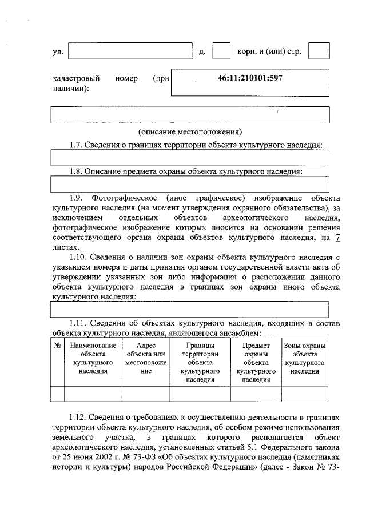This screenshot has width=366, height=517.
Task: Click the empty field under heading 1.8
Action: (x=190, y=184)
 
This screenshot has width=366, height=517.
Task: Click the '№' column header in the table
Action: (x=57, y=345)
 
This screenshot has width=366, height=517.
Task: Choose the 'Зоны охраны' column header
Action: (x=305, y=358)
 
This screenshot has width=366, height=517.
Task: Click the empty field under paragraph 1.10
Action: (x=190, y=309)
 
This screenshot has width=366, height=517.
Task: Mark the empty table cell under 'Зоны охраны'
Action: (x=305, y=394)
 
